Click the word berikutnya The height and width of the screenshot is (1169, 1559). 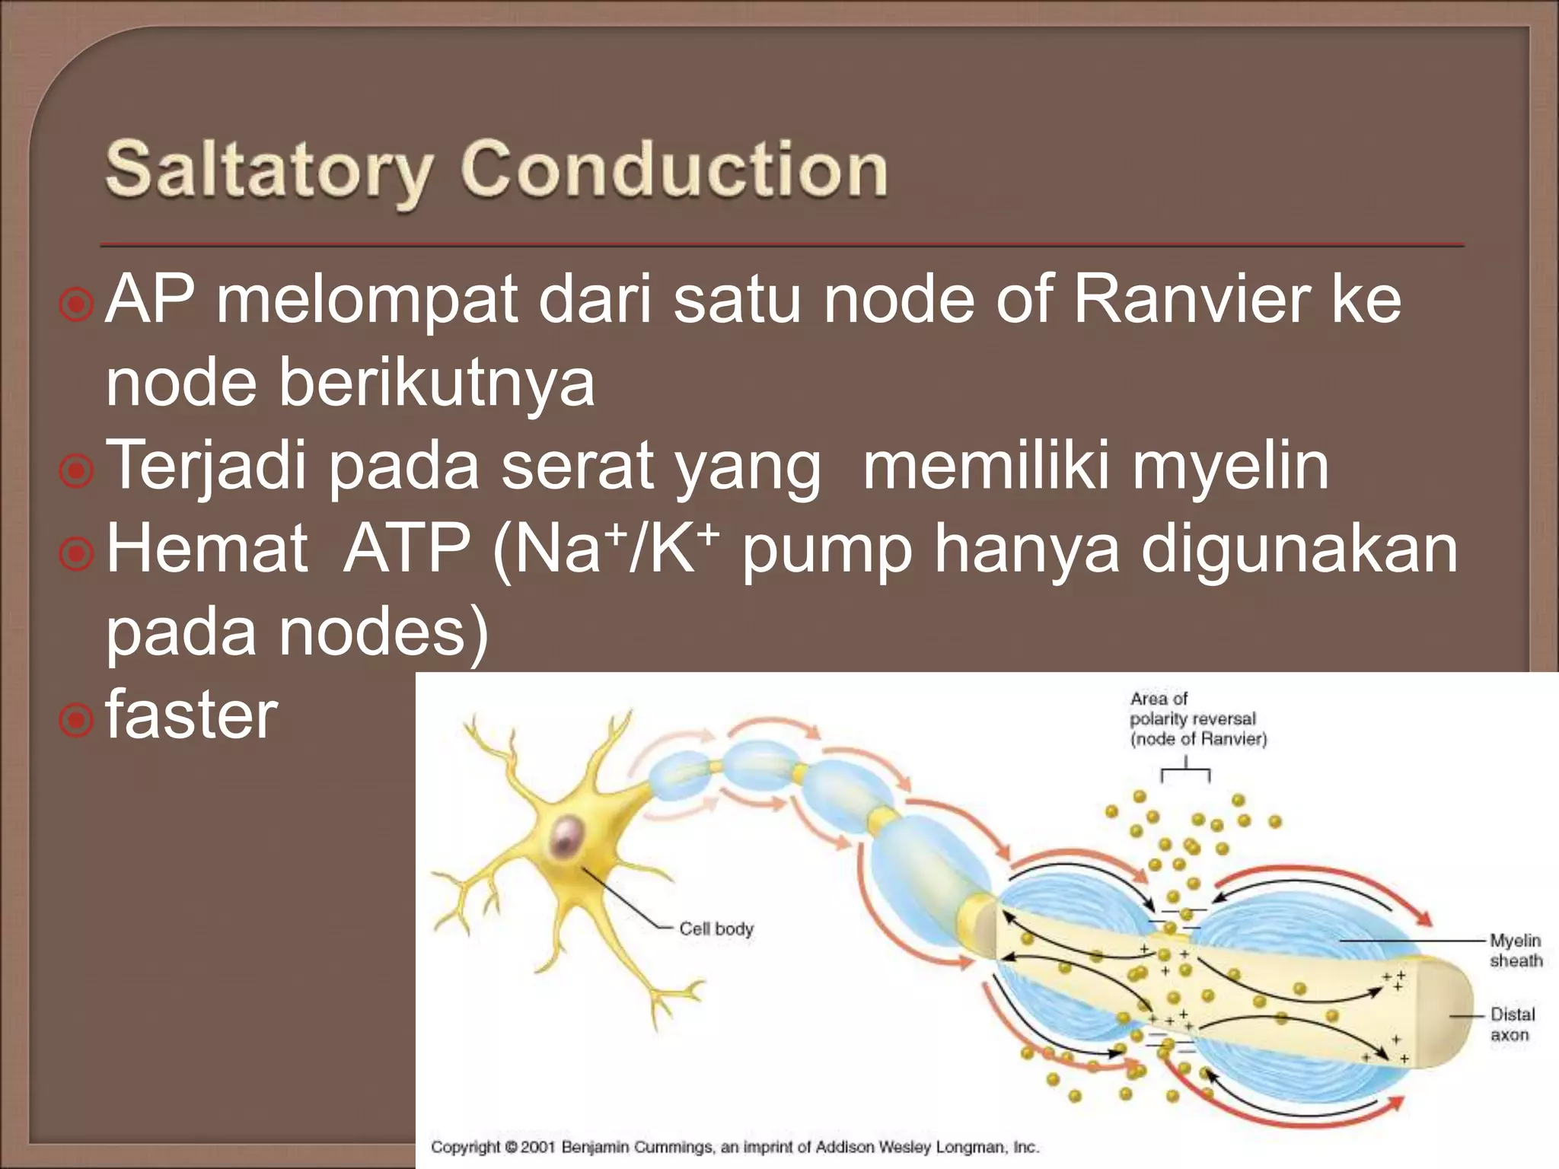point(436,382)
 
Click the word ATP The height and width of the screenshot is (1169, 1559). point(406,549)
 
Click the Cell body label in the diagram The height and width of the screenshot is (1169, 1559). point(716,929)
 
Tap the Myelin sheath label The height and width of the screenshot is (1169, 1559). point(1515,951)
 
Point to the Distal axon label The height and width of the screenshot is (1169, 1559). point(1512,1024)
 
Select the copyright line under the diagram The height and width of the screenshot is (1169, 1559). point(735,1146)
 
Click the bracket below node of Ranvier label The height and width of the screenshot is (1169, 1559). point(1186,772)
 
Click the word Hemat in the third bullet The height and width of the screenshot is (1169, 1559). point(207,549)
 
